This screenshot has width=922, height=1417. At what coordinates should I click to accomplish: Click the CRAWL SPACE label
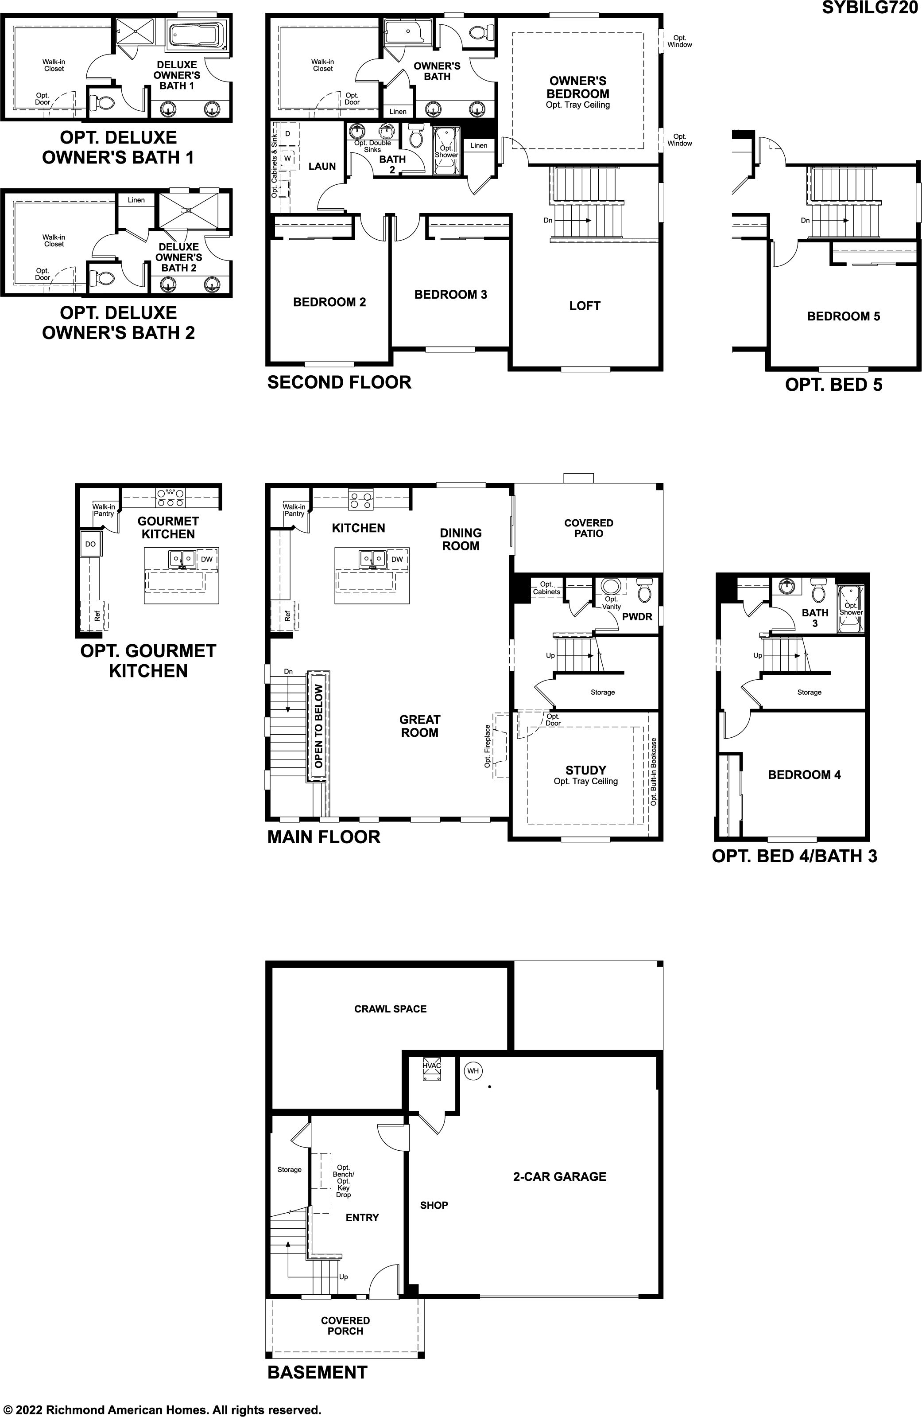(x=391, y=1008)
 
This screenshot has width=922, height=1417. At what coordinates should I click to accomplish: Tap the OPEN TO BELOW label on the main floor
(x=318, y=726)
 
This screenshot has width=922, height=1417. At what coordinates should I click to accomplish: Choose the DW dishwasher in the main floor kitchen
(x=397, y=559)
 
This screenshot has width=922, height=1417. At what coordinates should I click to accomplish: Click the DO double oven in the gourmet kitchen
(x=90, y=544)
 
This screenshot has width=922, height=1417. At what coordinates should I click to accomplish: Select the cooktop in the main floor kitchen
(x=361, y=499)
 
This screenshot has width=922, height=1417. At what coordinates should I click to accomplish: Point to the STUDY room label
(x=586, y=770)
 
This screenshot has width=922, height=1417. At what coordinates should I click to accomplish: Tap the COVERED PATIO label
(x=589, y=528)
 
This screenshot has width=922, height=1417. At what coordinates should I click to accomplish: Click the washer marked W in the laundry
(x=287, y=158)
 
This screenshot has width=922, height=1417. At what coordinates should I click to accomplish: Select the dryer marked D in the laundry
(x=287, y=133)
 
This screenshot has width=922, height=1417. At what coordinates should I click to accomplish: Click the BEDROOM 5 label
(x=844, y=316)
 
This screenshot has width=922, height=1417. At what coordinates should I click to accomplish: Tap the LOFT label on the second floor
(x=585, y=305)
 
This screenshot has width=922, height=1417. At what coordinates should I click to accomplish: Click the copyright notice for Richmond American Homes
(x=161, y=1410)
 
